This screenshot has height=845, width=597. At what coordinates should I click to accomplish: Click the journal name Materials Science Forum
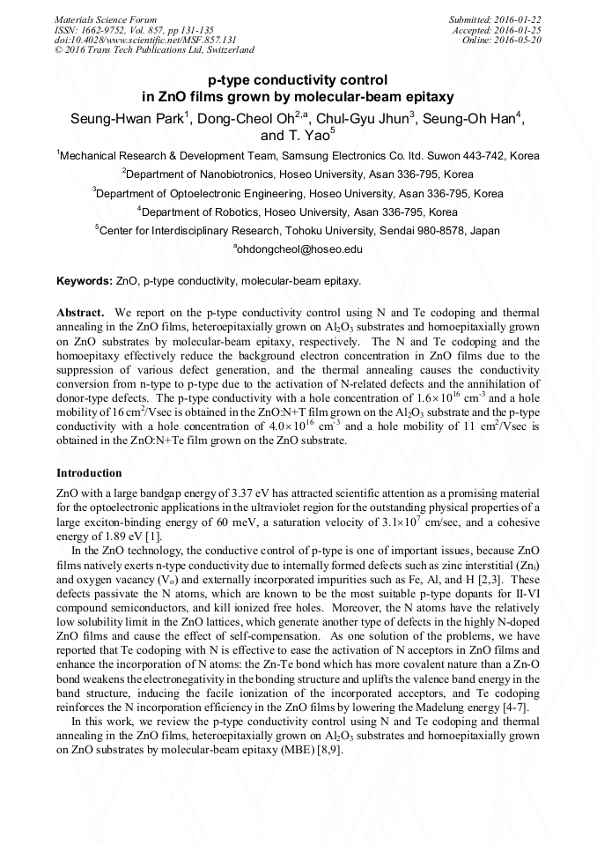[x=106, y=19]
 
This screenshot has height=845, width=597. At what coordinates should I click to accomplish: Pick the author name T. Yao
[x=308, y=136]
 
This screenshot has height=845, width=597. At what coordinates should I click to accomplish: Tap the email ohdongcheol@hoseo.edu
[x=299, y=250]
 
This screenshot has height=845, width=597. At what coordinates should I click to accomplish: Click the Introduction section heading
[x=89, y=473]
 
